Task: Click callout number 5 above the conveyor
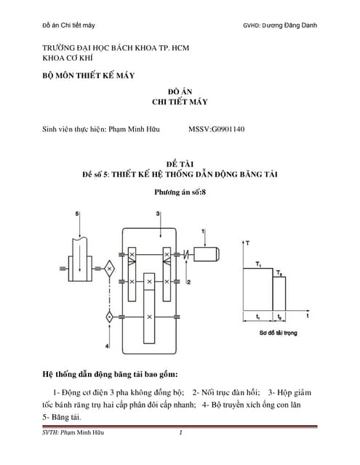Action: [78, 213]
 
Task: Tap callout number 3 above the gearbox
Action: [158, 213]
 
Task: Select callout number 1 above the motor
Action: [203, 231]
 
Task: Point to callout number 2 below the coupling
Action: [188, 281]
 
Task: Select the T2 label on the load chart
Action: [279, 272]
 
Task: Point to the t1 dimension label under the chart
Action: [258, 318]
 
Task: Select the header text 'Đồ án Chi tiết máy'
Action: [68, 26]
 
